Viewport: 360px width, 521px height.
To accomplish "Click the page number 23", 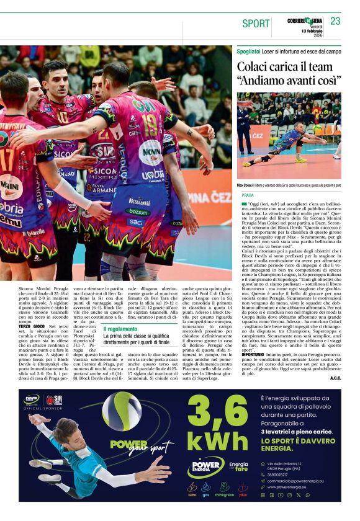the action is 335,21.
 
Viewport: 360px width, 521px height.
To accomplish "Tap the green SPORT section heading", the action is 256,24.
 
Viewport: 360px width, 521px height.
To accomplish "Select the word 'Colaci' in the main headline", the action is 254,66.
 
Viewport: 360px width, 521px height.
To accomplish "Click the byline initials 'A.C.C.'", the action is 335,378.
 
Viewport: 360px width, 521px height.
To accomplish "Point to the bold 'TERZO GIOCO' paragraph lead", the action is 31,327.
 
